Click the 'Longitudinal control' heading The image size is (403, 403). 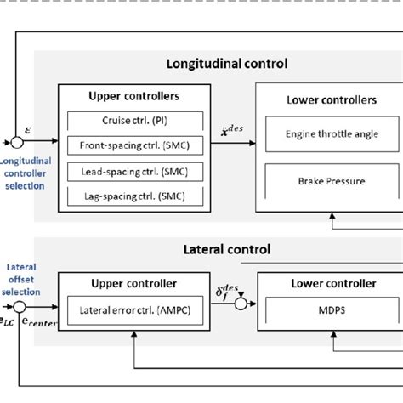click(226, 63)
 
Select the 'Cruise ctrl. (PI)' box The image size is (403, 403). click(136, 121)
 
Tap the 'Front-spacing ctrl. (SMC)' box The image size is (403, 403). click(136, 146)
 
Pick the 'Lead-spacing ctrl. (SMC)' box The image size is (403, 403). click(136, 171)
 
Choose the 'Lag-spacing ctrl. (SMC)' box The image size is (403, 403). click(136, 196)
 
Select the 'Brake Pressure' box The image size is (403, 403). click(320, 180)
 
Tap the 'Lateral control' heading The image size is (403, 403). click(226, 250)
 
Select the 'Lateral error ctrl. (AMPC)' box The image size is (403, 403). click(136, 311)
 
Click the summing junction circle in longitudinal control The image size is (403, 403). click(16, 141)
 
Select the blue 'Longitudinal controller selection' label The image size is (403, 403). click(24, 173)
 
